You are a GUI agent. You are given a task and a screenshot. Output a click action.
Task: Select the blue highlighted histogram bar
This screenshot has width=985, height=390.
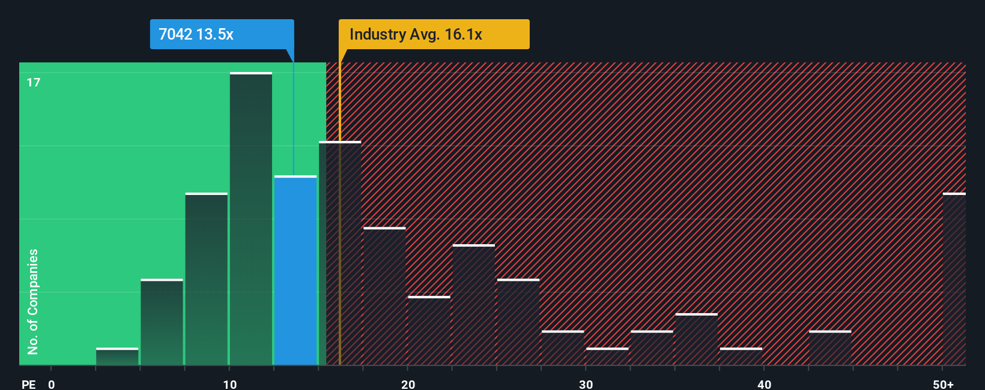[x=295, y=270]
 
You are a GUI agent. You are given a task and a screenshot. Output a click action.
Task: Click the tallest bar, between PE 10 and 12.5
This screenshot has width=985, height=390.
[x=251, y=219]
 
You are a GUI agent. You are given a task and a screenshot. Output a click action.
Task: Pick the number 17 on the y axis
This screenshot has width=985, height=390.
[x=34, y=82]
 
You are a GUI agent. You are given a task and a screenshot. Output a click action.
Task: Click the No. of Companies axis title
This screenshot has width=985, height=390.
[x=33, y=301]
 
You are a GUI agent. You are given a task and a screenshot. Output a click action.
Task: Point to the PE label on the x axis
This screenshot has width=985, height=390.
[x=28, y=384]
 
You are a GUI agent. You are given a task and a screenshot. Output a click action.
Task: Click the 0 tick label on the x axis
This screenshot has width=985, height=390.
[x=52, y=384]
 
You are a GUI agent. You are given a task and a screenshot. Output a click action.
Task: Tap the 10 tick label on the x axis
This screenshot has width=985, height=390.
[x=229, y=384]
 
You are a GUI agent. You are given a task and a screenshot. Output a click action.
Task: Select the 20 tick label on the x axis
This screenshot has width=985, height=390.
[x=408, y=384]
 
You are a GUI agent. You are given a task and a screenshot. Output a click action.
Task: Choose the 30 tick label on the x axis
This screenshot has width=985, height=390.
[x=586, y=384]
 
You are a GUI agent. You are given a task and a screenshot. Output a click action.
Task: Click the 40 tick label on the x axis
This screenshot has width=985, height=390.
[x=764, y=384]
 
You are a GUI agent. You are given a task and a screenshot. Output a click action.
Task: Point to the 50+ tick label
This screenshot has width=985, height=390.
[x=943, y=384]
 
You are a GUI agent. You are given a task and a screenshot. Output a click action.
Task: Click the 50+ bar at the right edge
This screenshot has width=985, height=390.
[x=954, y=279]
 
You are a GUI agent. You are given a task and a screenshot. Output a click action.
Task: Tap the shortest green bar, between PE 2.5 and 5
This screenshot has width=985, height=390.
[x=117, y=356]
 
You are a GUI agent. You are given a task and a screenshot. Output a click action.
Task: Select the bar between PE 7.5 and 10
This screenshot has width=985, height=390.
[x=207, y=279]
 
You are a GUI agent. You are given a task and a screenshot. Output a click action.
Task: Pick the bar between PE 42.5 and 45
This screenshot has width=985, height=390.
[x=830, y=348]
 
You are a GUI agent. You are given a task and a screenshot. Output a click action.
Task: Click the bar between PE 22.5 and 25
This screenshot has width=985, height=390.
[x=474, y=305]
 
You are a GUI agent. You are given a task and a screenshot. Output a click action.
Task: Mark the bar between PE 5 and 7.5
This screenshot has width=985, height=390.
[x=162, y=322]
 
